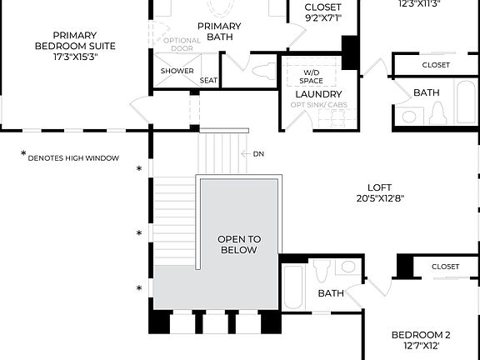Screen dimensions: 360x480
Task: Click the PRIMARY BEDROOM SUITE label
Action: click(x=74, y=40)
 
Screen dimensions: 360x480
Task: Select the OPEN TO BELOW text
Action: click(x=240, y=244)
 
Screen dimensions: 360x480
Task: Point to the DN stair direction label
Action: click(x=258, y=154)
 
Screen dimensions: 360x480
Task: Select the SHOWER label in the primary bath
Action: click(x=177, y=71)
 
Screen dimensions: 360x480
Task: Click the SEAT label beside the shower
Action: click(x=207, y=81)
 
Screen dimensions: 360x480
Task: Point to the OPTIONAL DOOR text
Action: click(x=182, y=45)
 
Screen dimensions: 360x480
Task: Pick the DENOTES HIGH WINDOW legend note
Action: click(x=72, y=157)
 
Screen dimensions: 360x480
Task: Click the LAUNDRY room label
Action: click(x=319, y=94)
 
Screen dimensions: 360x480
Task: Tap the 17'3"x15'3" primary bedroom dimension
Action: click(x=74, y=57)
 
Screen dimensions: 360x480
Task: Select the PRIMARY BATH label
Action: click(x=219, y=32)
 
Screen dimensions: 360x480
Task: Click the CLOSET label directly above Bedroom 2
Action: click(x=445, y=267)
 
